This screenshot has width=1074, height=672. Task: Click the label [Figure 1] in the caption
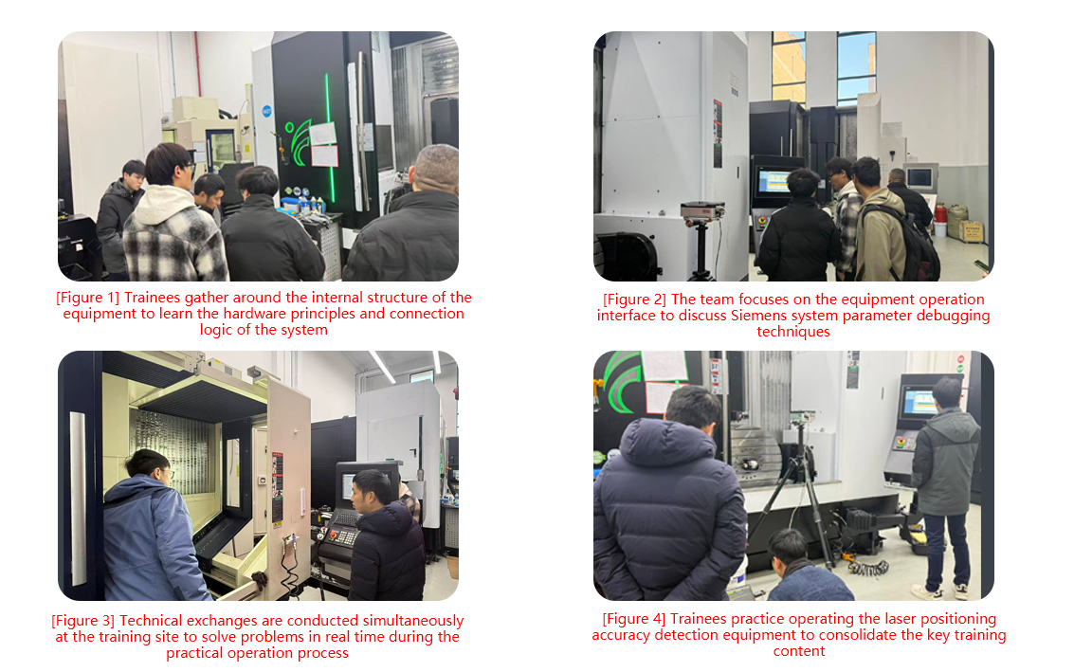(87, 298)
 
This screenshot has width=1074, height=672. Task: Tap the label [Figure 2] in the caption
(634, 300)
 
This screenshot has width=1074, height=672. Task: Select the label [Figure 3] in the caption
(82, 621)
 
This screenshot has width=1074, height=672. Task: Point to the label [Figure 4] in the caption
(633, 619)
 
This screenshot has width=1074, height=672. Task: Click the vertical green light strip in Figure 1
(330, 137)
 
